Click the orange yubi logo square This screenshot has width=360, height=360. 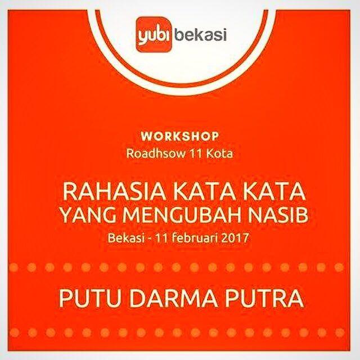click(154, 35)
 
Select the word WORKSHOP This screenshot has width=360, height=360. click(181, 136)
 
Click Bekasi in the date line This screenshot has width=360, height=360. click(122, 238)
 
